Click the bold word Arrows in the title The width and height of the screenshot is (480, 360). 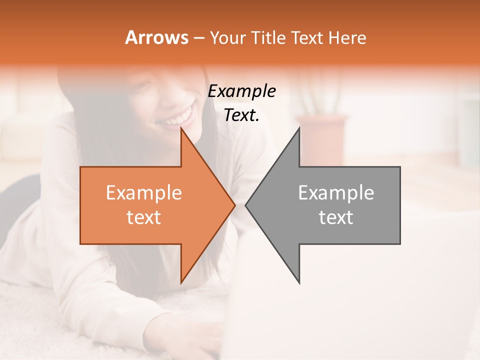coord(156,37)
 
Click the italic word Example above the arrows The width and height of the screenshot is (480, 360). coord(242,91)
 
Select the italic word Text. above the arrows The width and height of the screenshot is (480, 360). coord(242,115)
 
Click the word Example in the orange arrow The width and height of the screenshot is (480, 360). coord(144,193)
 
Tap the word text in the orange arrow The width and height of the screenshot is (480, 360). coord(144,217)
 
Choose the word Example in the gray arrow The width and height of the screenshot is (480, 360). coord(336,193)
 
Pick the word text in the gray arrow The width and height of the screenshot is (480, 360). coord(336,217)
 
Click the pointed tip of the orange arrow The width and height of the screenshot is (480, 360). coord(234,205)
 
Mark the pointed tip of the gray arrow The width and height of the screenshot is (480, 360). coord(246,205)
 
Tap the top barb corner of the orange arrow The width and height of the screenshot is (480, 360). coord(181,128)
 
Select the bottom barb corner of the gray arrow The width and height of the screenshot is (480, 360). coord(299,282)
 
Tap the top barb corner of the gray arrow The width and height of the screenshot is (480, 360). coord(299,128)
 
